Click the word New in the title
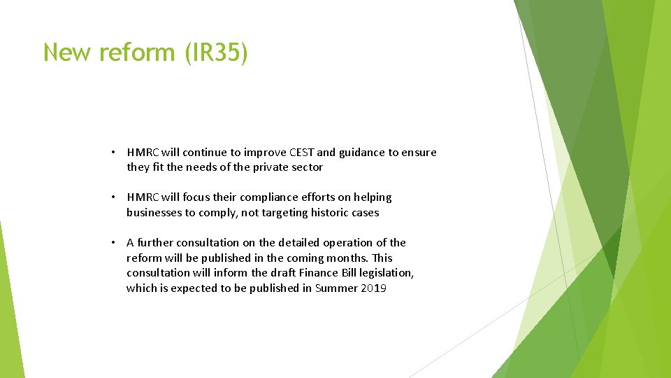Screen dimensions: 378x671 pyautogui.click(x=67, y=52)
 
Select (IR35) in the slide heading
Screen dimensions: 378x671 pyautogui.click(x=216, y=53)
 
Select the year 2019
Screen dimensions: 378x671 pyautogui.click(x=374, y=288)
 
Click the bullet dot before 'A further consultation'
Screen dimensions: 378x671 pyautogui.click(x=113, y=243)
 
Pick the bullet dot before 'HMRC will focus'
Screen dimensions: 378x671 pyautogui.click(x=113, y=197)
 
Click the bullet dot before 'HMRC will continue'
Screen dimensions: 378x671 pyautogui.click(x=113, y=153)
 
